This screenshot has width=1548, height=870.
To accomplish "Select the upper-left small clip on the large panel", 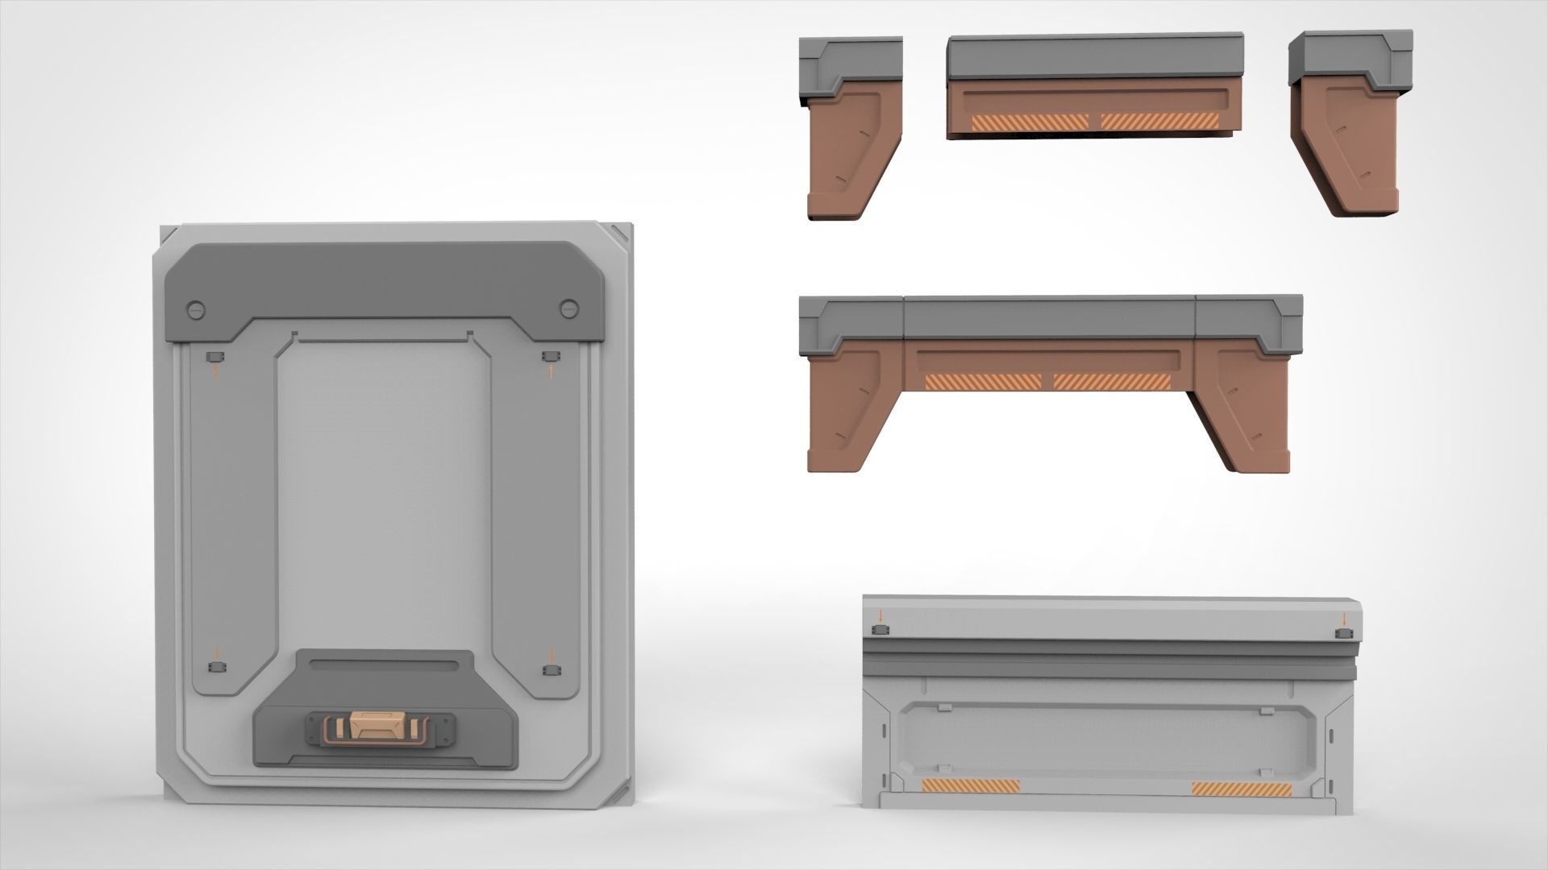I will tap(214, 357).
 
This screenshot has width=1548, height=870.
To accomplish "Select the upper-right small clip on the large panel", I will tap(550, 357).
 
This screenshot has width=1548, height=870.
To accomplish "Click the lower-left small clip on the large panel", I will tap(214, 668).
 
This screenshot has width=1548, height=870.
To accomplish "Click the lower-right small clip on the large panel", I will tap(550, 669).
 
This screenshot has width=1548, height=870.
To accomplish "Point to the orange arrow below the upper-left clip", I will tap(214, 372).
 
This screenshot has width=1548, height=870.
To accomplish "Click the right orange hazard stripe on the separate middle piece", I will tap(1159, 121).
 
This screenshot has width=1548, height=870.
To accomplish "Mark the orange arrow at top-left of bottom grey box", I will tap(880, 616).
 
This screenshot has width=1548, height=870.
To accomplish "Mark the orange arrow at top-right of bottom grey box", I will tap(1344, 619).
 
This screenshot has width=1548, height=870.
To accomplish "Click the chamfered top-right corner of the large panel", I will tap(621, 234).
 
